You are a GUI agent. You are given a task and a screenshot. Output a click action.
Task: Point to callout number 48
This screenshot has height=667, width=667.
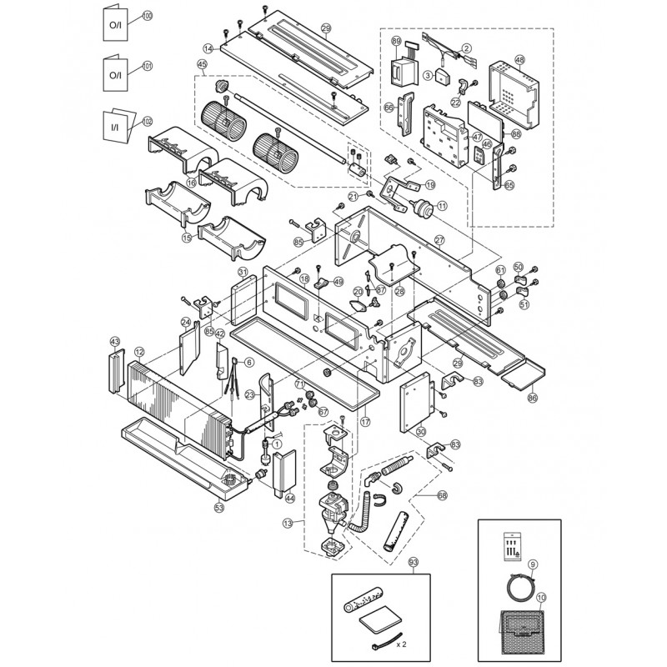pyautogui.click(x=519, y=60)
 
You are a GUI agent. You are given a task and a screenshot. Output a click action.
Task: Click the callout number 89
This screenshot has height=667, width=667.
pyautogui.click(x=396, y=42)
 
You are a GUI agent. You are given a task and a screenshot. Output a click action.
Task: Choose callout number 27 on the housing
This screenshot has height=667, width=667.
pyautogui.click(x=439, y=240)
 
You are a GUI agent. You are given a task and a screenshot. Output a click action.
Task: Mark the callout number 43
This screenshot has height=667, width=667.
pyautogui.click(x=115, y=343)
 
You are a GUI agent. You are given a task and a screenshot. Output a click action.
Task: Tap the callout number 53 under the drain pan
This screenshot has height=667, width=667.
pyautogui.click(x=219, y=506)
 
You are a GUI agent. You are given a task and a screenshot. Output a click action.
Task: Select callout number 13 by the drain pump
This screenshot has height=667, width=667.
pyautogui.click(x=288, y=523)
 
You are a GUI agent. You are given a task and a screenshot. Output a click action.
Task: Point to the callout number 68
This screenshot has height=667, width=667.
pyautogui.click(x=442, y=494)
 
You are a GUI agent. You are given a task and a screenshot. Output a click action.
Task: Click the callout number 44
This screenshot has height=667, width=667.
pyautogui.click(x=290, y=498)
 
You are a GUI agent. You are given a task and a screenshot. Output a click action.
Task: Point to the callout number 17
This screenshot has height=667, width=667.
pyautogui.click(x=364, y=423)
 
